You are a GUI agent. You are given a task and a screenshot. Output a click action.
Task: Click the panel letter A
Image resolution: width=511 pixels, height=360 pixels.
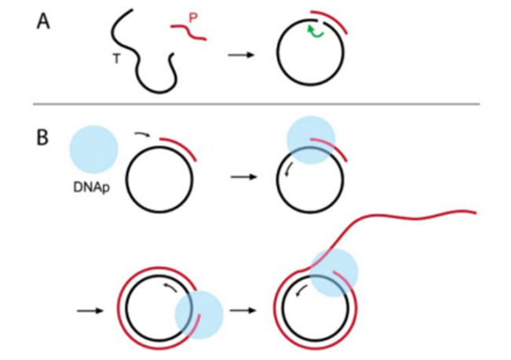(43, 23)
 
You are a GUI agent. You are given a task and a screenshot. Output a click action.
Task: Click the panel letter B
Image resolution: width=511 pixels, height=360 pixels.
(42, 138)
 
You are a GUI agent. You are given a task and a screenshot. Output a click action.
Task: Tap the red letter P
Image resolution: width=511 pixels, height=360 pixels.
(193, 18)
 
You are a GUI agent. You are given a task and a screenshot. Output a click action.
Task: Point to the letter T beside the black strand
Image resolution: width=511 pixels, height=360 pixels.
(117, 59)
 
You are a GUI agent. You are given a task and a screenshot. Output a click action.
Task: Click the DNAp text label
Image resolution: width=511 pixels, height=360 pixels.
(92, 187)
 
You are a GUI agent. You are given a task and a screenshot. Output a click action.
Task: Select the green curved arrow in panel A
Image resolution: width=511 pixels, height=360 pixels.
(316, 31)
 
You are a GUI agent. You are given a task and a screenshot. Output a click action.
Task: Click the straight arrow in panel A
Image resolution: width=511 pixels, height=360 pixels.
(241, 55)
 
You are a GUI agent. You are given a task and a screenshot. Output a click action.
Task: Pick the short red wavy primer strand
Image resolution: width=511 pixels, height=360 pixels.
(188, 32)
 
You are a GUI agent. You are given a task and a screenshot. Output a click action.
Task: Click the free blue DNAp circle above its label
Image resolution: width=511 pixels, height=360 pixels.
(94, 149)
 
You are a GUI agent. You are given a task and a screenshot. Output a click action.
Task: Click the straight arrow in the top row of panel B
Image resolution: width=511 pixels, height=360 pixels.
(244, 177)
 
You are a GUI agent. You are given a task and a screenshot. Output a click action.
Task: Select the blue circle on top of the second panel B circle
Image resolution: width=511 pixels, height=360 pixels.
(311, 140)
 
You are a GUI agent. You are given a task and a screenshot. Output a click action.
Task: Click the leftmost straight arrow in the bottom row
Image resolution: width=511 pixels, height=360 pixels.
(90, 311)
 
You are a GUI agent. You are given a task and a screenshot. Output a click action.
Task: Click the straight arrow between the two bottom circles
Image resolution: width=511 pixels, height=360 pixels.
(243, 311)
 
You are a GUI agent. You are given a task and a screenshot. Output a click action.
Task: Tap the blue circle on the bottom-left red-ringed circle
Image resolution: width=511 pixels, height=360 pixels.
(199, 315)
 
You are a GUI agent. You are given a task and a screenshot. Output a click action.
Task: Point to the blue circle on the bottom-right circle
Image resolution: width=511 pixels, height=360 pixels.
(334, 273)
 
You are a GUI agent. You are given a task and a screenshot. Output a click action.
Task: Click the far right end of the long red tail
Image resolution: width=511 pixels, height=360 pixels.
(476, 213)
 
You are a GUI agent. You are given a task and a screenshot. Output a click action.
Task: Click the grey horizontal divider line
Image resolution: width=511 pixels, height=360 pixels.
(257, 104)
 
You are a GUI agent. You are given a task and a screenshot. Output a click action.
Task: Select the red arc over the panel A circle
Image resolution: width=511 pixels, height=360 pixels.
(329, 21)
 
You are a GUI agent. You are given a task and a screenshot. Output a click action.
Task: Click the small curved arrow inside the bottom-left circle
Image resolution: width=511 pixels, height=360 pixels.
(170, 287)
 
